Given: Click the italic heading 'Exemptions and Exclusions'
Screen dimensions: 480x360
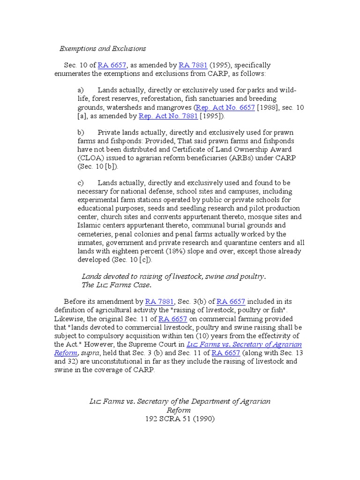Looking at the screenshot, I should pyautogui.click(x=103, y=48).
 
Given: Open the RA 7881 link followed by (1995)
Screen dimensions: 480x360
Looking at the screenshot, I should pyautogui.click(x=190, y=65).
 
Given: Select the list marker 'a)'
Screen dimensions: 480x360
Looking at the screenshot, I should pyautogui.click(x=81, y=90).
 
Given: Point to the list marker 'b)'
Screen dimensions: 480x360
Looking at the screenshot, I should pyautogui.click(x=81, y=133).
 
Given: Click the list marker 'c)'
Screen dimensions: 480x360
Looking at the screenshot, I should pyautogui.click(x=81, y=183).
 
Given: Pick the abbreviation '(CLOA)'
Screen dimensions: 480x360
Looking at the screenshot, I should pyautogui.click(x=89, y=158).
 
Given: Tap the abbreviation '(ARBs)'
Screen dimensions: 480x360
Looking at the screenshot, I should pyautogui.click(x=230, y=158).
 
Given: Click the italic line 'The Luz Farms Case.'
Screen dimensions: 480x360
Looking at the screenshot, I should pyautogui.click(x=117, y=285).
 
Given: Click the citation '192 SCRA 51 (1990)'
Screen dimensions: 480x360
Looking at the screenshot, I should pyautogui.click(x=180, y=419).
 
